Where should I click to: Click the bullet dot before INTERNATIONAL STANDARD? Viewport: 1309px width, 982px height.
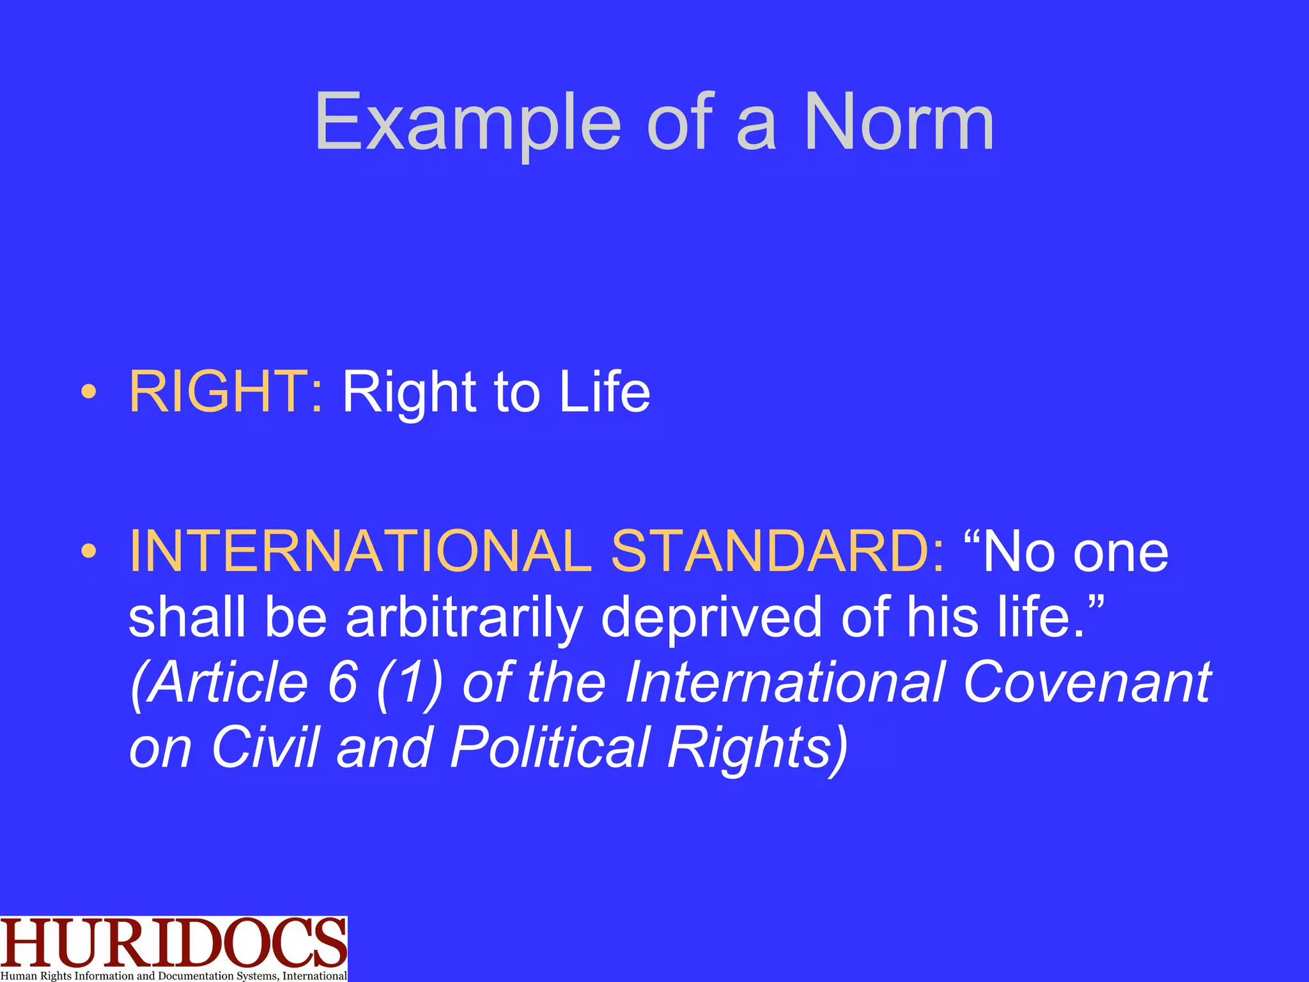point(89,551)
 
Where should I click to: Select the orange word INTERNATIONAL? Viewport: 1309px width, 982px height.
point(361,551)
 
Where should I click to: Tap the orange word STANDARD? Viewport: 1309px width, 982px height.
point(777,551)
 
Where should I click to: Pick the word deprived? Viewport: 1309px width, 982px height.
point(711,618)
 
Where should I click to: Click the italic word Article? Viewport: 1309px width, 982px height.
point(221,683)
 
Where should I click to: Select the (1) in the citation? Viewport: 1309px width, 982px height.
point(410,683)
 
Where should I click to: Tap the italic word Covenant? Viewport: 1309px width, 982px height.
point(1086,683)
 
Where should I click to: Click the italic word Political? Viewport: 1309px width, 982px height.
point(550,748)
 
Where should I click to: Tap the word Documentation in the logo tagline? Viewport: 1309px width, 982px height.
point(196,976)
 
